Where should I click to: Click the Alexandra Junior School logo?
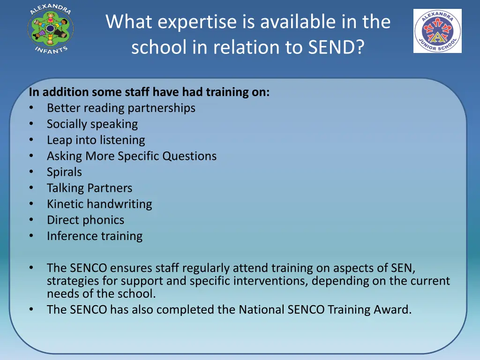click(x=437, y=31)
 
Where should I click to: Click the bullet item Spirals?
click(x=64, y=172)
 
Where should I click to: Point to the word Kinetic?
click(x=65, y=204)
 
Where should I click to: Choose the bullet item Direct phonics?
click(x=85, y=220)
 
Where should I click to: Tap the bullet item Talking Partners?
click(x=90, y=188)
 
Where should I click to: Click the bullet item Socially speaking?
click(x=92, y=124)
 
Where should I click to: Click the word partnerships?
click(x=161, y=108)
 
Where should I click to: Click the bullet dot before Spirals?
click(x=31, y=172)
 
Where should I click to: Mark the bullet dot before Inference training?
click(x=31, y=236)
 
